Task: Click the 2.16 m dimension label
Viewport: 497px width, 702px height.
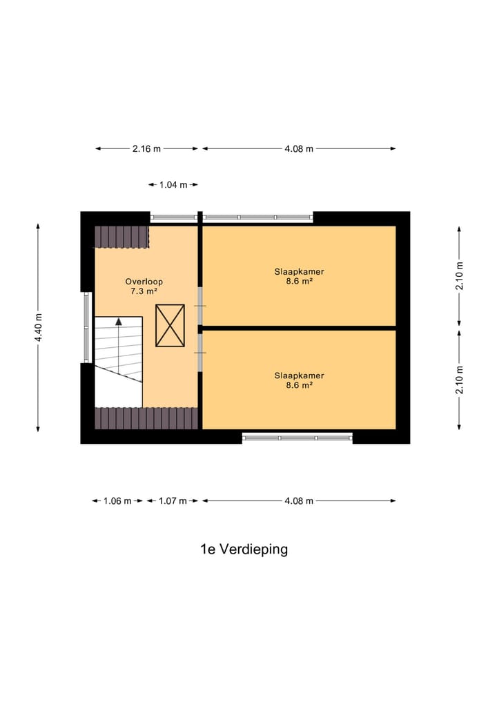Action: click(146, 148)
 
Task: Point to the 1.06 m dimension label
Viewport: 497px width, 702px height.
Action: click(117, 501)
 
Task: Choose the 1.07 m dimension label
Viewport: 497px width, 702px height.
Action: click(173, 501)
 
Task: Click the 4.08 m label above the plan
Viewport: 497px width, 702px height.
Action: click(299, 148)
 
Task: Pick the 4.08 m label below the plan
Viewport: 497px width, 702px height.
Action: click(299, 501)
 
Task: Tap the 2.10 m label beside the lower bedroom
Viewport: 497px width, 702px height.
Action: click(460, 380)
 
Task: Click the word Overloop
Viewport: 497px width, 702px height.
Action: click(144, 282)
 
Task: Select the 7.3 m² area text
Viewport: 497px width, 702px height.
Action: click(144, 291)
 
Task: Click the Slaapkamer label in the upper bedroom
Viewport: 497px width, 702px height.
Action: click(299, 271)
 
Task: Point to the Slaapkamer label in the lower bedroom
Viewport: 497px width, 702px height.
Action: click(299, 376)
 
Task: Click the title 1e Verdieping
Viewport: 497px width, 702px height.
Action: click(244, 549)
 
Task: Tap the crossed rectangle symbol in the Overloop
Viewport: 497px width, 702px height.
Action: click(170, 325)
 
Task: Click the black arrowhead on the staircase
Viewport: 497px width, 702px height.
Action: click(119, 321)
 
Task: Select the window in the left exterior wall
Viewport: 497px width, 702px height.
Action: click(87, 327)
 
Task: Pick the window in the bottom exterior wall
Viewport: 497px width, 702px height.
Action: click(298, 437)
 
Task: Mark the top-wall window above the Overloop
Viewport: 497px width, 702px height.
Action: click(174, 217)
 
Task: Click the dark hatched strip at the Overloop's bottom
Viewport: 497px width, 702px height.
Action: click(146, 418)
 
